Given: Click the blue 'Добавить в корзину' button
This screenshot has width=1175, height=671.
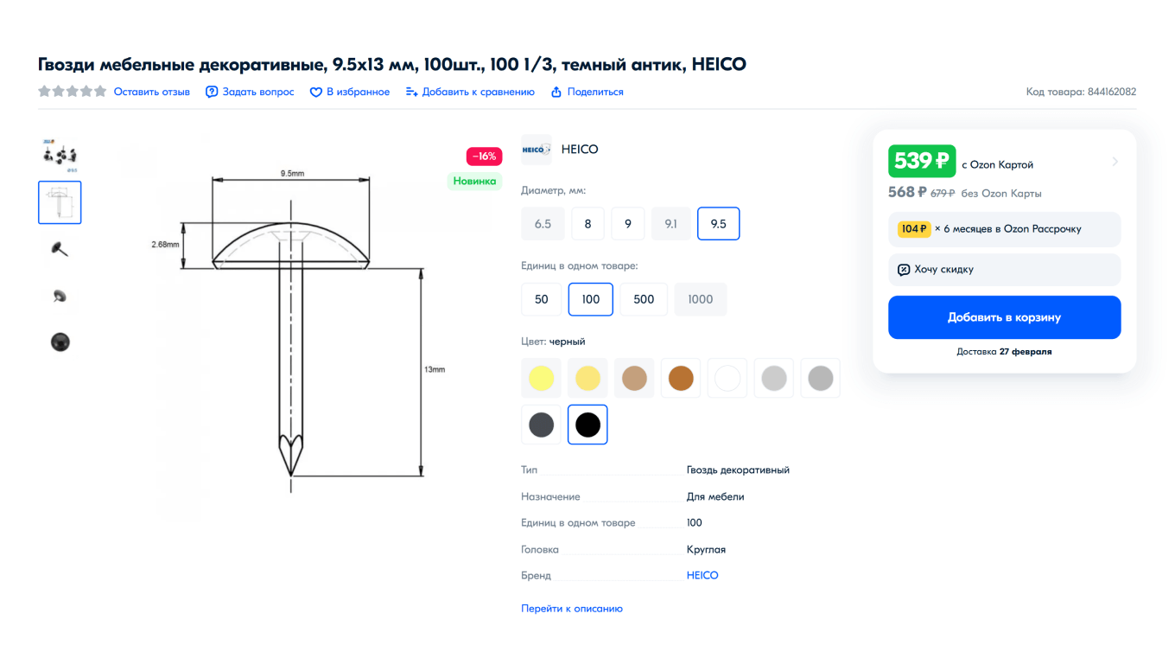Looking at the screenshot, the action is click(1004, 317).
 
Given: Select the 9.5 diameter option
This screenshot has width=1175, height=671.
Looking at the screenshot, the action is click(718, 224).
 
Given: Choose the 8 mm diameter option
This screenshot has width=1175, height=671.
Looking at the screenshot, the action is click(587, 224).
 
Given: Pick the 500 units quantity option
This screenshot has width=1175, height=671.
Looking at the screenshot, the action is click(644, 299).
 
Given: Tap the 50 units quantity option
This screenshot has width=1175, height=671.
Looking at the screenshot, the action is click(542, 299).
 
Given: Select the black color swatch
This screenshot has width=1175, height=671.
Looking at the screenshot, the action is click(587, 425).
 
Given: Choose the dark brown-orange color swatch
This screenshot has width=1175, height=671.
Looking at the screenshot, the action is click(681, 378).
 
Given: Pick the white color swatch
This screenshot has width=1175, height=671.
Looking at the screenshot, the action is click(727, 378).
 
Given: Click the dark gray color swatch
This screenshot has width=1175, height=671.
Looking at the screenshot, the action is click(542, 425).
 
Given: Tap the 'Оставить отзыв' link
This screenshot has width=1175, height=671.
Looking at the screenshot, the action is click(151, 92).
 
